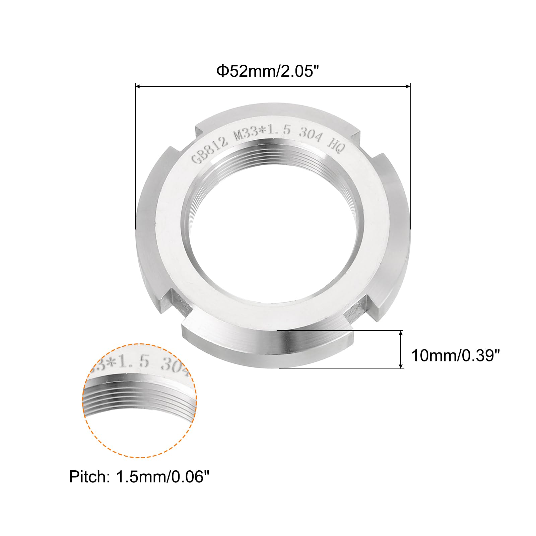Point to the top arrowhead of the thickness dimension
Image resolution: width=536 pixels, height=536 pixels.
pos(401,333)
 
